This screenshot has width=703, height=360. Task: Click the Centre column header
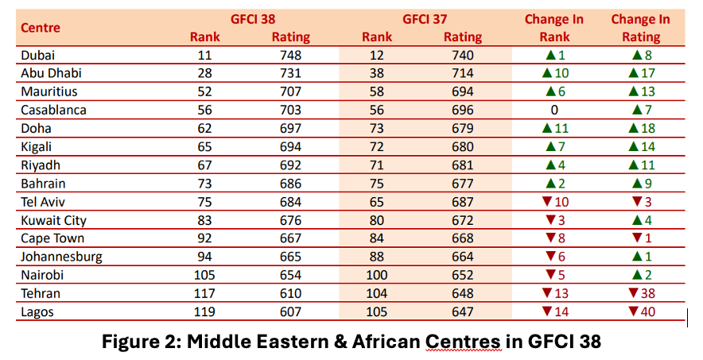coord(41,28)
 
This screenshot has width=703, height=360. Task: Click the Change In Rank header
coord(553,28)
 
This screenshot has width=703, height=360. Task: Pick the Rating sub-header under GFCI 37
coord(462,37)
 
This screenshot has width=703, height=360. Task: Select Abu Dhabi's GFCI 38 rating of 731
coord(290,74)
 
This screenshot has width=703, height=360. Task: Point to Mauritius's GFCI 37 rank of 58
coord(377,92)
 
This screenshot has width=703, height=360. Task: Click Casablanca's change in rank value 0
coord(553,110)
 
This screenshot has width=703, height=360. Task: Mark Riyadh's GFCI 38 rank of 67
coord(204,165)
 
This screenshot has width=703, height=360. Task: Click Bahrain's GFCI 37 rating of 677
coord(462,184)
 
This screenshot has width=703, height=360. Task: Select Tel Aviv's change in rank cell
coord(553,202)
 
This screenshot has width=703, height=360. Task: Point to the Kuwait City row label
coord(53,220)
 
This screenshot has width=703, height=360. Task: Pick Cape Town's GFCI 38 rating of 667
coord(290,238)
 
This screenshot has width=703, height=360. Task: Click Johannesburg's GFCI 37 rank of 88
coord(377,257)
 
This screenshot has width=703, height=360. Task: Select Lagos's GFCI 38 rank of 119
coord(204,312)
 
